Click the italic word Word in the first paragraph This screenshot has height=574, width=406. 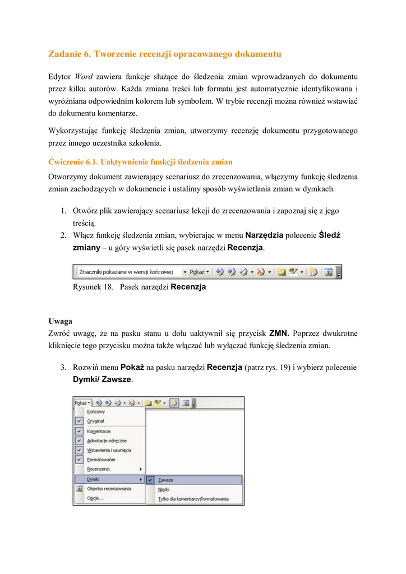(84, 76)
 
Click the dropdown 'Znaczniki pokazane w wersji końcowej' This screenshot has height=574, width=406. (131, 272)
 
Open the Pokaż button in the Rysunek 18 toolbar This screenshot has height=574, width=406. (199, 272)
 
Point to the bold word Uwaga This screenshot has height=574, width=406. (60, 322)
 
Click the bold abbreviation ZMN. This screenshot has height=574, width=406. (279, 333)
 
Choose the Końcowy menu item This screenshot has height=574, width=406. (96, 411)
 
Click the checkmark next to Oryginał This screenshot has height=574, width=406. (79, 422)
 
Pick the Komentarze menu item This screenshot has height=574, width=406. (99, 432)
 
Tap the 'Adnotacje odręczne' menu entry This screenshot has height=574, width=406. (107, 441)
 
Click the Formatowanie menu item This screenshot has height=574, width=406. (101, 460)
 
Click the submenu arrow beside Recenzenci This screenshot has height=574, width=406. (141, 469)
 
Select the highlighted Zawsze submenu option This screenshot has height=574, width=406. (166, 480)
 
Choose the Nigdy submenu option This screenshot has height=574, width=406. (164, 489)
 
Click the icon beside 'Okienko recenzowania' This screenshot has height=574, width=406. (79, 488)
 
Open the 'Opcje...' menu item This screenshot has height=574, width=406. (95, 498)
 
